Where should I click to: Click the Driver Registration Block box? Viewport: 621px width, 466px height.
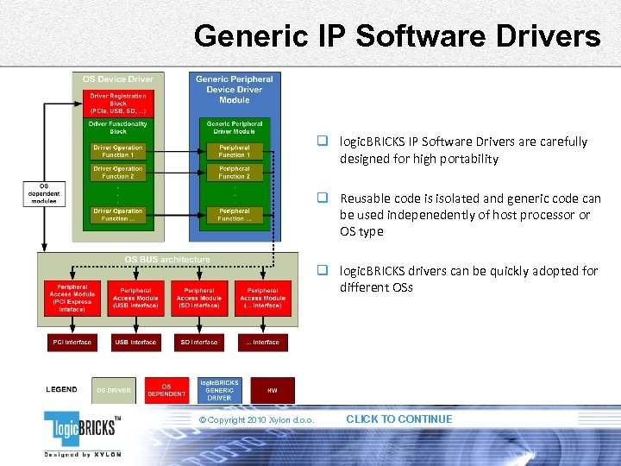(117, 104)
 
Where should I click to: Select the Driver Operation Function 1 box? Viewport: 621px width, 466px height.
(117, 151)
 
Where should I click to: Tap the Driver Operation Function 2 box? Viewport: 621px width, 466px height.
(117, 173)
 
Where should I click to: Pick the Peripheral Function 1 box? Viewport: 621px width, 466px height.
(235, 151)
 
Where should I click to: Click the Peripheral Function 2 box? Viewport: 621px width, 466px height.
(235, 173)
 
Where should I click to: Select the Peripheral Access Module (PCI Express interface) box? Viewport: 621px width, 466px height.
(72, 297)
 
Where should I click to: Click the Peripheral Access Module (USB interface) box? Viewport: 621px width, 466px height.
(135, 297)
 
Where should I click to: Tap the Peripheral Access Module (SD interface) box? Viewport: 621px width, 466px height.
(199, 297)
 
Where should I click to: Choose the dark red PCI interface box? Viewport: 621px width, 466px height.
(72, 343)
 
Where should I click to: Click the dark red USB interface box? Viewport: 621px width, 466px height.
(135, 343)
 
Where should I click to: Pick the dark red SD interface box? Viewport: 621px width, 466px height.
(199, 343)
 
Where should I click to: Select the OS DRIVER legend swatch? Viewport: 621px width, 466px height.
(114, 390)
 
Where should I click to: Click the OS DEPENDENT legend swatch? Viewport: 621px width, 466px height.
(166, 390)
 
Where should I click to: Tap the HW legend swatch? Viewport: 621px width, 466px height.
(272, 390)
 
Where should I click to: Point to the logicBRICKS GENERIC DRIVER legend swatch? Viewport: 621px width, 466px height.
(219, 390)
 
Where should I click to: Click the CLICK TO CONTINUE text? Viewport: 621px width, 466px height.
(398, 419)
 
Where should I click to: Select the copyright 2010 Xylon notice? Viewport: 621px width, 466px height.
(255, 420)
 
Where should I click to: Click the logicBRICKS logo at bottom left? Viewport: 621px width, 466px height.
(83, 431)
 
